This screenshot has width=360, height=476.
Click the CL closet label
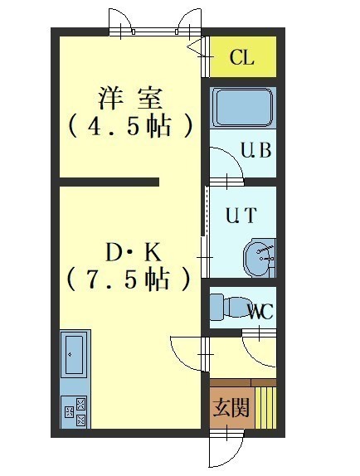coord(241,57)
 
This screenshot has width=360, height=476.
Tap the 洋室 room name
coord(129,98)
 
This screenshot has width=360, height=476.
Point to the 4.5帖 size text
coord(130,126)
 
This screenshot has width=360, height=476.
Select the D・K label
coord(133,253)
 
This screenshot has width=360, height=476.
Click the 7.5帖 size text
coord(129,279)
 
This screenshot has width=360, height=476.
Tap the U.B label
coord(255,150)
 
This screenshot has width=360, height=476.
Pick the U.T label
coord(241,216)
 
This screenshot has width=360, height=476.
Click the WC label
coord(260,312)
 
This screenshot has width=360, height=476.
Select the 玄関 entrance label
coord(231,407)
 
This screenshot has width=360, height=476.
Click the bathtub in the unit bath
coord(242,108)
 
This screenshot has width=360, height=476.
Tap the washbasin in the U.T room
coord(259,258)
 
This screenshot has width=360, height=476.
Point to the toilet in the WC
coord(231,306)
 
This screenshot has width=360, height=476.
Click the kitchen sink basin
coord(75,355)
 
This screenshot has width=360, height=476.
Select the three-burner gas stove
coord(74,411)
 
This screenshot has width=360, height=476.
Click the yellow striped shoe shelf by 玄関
coord(265,408)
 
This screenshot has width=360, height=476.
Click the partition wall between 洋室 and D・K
coord(109,182)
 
